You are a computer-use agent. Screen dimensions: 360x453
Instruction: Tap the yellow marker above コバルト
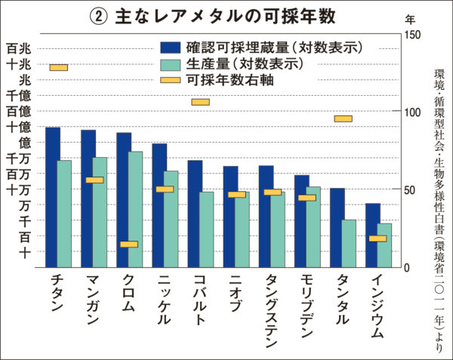click(200, 102)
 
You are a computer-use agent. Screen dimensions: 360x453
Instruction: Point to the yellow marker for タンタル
click(343, 118)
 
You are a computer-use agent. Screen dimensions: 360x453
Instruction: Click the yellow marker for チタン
click(59, 68)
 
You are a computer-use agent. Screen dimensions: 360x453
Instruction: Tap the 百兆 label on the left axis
click(19, 48)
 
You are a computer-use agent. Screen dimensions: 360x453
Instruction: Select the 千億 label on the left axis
click(19, 95)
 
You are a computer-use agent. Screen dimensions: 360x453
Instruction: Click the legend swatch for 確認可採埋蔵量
click(169, 47)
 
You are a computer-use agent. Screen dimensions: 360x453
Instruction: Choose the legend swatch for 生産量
click(169, 63)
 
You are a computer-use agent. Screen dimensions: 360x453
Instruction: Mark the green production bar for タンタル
click(348, 243)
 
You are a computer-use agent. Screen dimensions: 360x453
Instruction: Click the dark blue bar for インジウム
click(372, 235)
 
